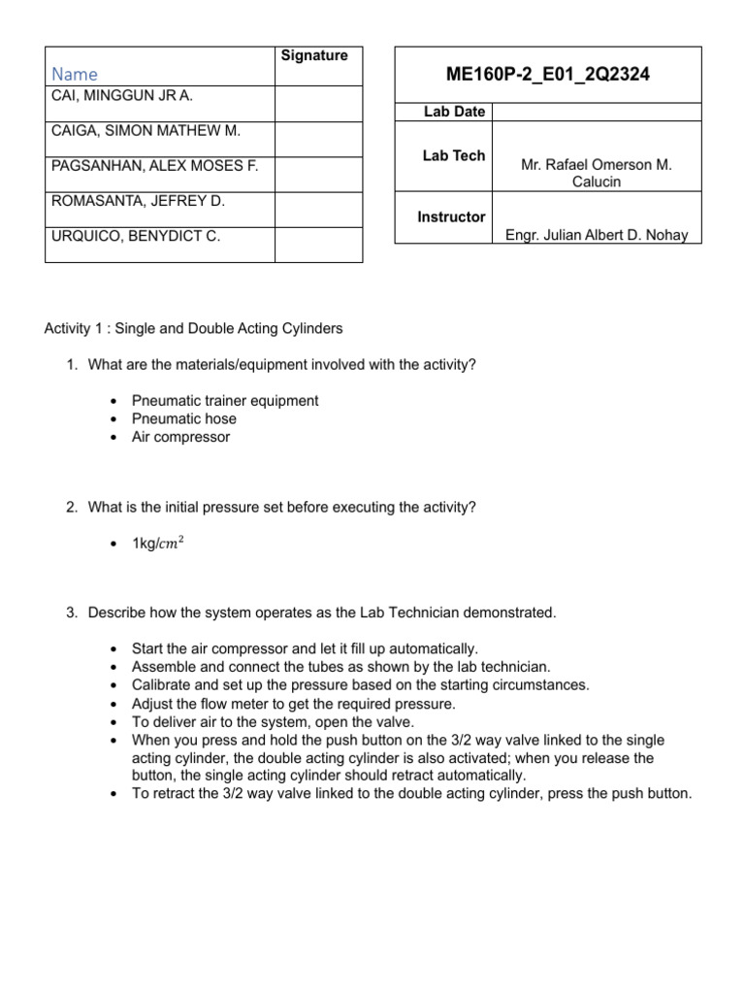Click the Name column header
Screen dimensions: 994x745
(x=75, y=74)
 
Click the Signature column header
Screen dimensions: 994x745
(x=314, y=55)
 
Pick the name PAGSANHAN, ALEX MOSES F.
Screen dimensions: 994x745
(x=153, y=166)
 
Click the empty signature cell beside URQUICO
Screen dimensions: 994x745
(x=318, y=244)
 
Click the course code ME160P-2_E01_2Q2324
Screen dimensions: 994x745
(x=547, y=73)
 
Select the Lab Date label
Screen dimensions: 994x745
(x=454, y=112)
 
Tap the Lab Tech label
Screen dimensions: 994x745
(x=454, y=155)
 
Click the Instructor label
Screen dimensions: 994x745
(x=451, y=216)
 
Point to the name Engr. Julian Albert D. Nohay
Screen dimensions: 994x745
(x=597, y=236)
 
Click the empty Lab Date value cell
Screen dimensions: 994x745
(x=597, y=112)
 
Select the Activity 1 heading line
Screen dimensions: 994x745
(x=194, y=328)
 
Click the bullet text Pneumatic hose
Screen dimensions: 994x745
(x=184, y=418)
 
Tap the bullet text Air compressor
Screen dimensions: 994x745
(x=181, y=437)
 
